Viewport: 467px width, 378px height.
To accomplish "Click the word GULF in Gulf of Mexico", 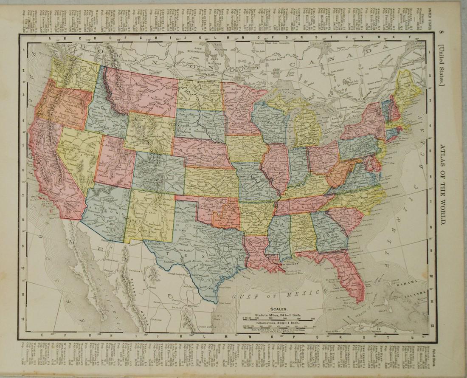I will [242, 295].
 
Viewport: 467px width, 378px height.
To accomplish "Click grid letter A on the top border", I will [50, 38].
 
